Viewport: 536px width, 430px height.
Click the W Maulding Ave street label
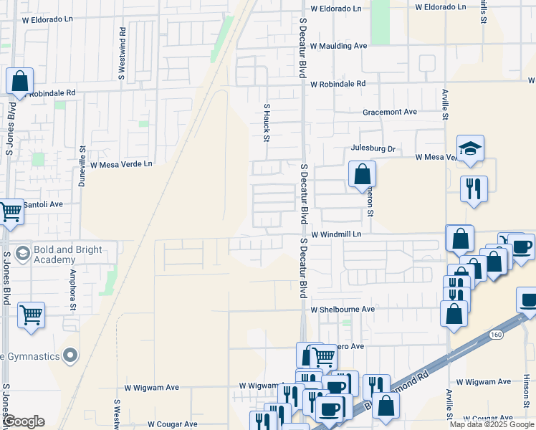point(338,46)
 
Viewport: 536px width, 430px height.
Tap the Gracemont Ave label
point(390,113)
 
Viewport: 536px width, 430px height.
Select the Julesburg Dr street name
point(373,148)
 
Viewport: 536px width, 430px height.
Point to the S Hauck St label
point(267,122)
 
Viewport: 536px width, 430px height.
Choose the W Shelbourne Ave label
point(343,310)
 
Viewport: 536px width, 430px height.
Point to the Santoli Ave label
point(43,204)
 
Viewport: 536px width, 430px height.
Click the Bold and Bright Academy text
point(68,255)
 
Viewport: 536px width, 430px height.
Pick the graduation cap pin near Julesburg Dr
point(470,148)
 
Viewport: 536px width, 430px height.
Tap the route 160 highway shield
point(495,335)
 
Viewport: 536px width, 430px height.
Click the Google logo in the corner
point(24,421)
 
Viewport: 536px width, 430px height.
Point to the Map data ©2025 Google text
point(492,424)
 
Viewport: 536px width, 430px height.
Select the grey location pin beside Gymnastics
point(70,355)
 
